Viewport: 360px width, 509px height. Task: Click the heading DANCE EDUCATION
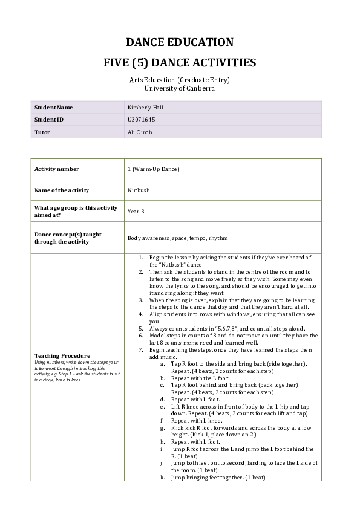click(x=179, y=42)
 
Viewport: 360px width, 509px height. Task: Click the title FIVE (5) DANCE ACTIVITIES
click(x=179, y=63)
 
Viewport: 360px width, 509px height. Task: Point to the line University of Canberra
click(x=179, y=88)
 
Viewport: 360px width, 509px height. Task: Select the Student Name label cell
click(x=54, y=108)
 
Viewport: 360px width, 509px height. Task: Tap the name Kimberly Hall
click(x=142, y=108)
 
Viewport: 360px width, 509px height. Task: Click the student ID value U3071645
click(x=138, y=120)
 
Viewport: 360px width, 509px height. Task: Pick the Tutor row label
click(x=42, y=132)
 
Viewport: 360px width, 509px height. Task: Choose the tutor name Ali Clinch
click(x=139, y=132)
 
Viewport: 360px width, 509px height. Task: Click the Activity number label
click(x=57, y=169)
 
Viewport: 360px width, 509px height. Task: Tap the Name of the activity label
click(x=62, y=190)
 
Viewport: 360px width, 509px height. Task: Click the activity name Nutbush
click(x=139, y=190)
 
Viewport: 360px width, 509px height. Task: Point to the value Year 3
click(x=136, y=212)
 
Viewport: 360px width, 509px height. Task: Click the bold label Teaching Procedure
click(x=62, y=355)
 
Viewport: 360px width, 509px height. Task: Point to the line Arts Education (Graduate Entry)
click(x=179, y=80)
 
